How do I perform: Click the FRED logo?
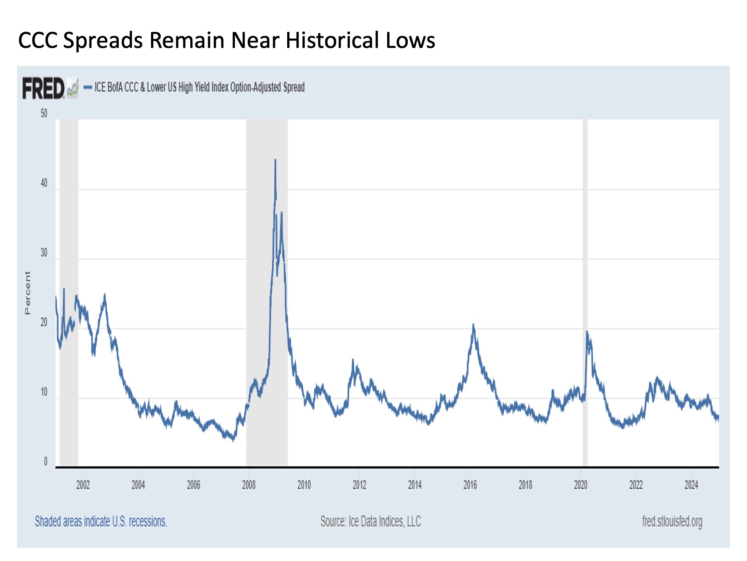pyautogui.click(x=43, y=88)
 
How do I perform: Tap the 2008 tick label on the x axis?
pyautogui.click(x=249, y=485)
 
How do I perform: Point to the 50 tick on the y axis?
pyautogui.click(x=44, y=113)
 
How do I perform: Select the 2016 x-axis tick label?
pyautogui.click(x=470, y=485)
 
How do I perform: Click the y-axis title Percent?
pyautogui.click(x=27, y=293)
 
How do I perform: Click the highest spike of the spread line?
pyautogui.click(x=275, y=160)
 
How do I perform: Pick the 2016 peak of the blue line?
pyautogui.click(x=473, y=325)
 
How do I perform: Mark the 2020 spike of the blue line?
pyautogui.click(x=587, y=332)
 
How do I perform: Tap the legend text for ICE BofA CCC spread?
pyautogui.click(x=199, y=87)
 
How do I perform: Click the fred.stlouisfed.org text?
pyautogui.click(x=672, y=521)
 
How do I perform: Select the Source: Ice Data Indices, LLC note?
pyautogui.click(x=370, y=521)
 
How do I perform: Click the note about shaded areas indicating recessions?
pyautogui.click(x=101, y=521)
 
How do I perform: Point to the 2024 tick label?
pyautogui.click(x=691, y=485)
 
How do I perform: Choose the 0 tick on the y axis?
pyautogui.click(x=46, y=462)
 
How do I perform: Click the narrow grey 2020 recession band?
pyautogui.click(x=585, y=292)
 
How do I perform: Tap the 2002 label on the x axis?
pyautogui.click(x=83, y=485)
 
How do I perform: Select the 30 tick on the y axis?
pyautogui.click(x=44, y=253)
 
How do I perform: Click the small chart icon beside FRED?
pyautogui.click(x=73, y=88)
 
